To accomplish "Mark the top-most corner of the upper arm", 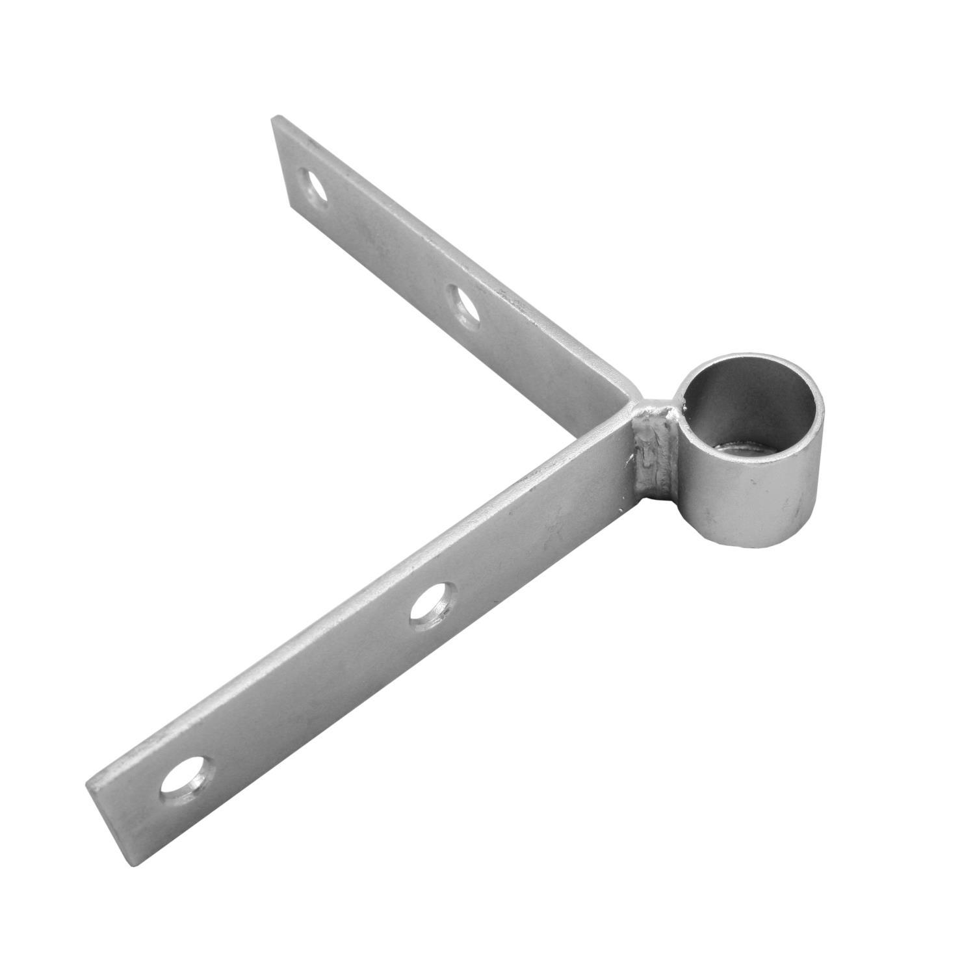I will (x=276, y=116).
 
